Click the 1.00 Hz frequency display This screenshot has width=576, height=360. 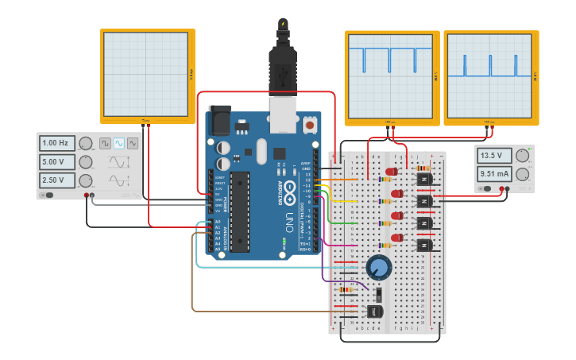click(57, 143)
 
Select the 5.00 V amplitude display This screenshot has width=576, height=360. click(57, 161)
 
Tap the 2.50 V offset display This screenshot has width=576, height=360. click(57, 180)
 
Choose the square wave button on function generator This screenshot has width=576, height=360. click(105, 143)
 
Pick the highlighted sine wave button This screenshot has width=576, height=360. click(118, 143)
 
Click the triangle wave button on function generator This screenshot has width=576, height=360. click(132, 143)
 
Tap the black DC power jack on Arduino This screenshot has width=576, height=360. click(218, 119)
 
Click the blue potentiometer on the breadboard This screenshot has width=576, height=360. click(379, 267)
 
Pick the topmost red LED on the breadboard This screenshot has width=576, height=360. click(392, 171)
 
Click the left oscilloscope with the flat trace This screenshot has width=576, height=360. click(147, 75)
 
